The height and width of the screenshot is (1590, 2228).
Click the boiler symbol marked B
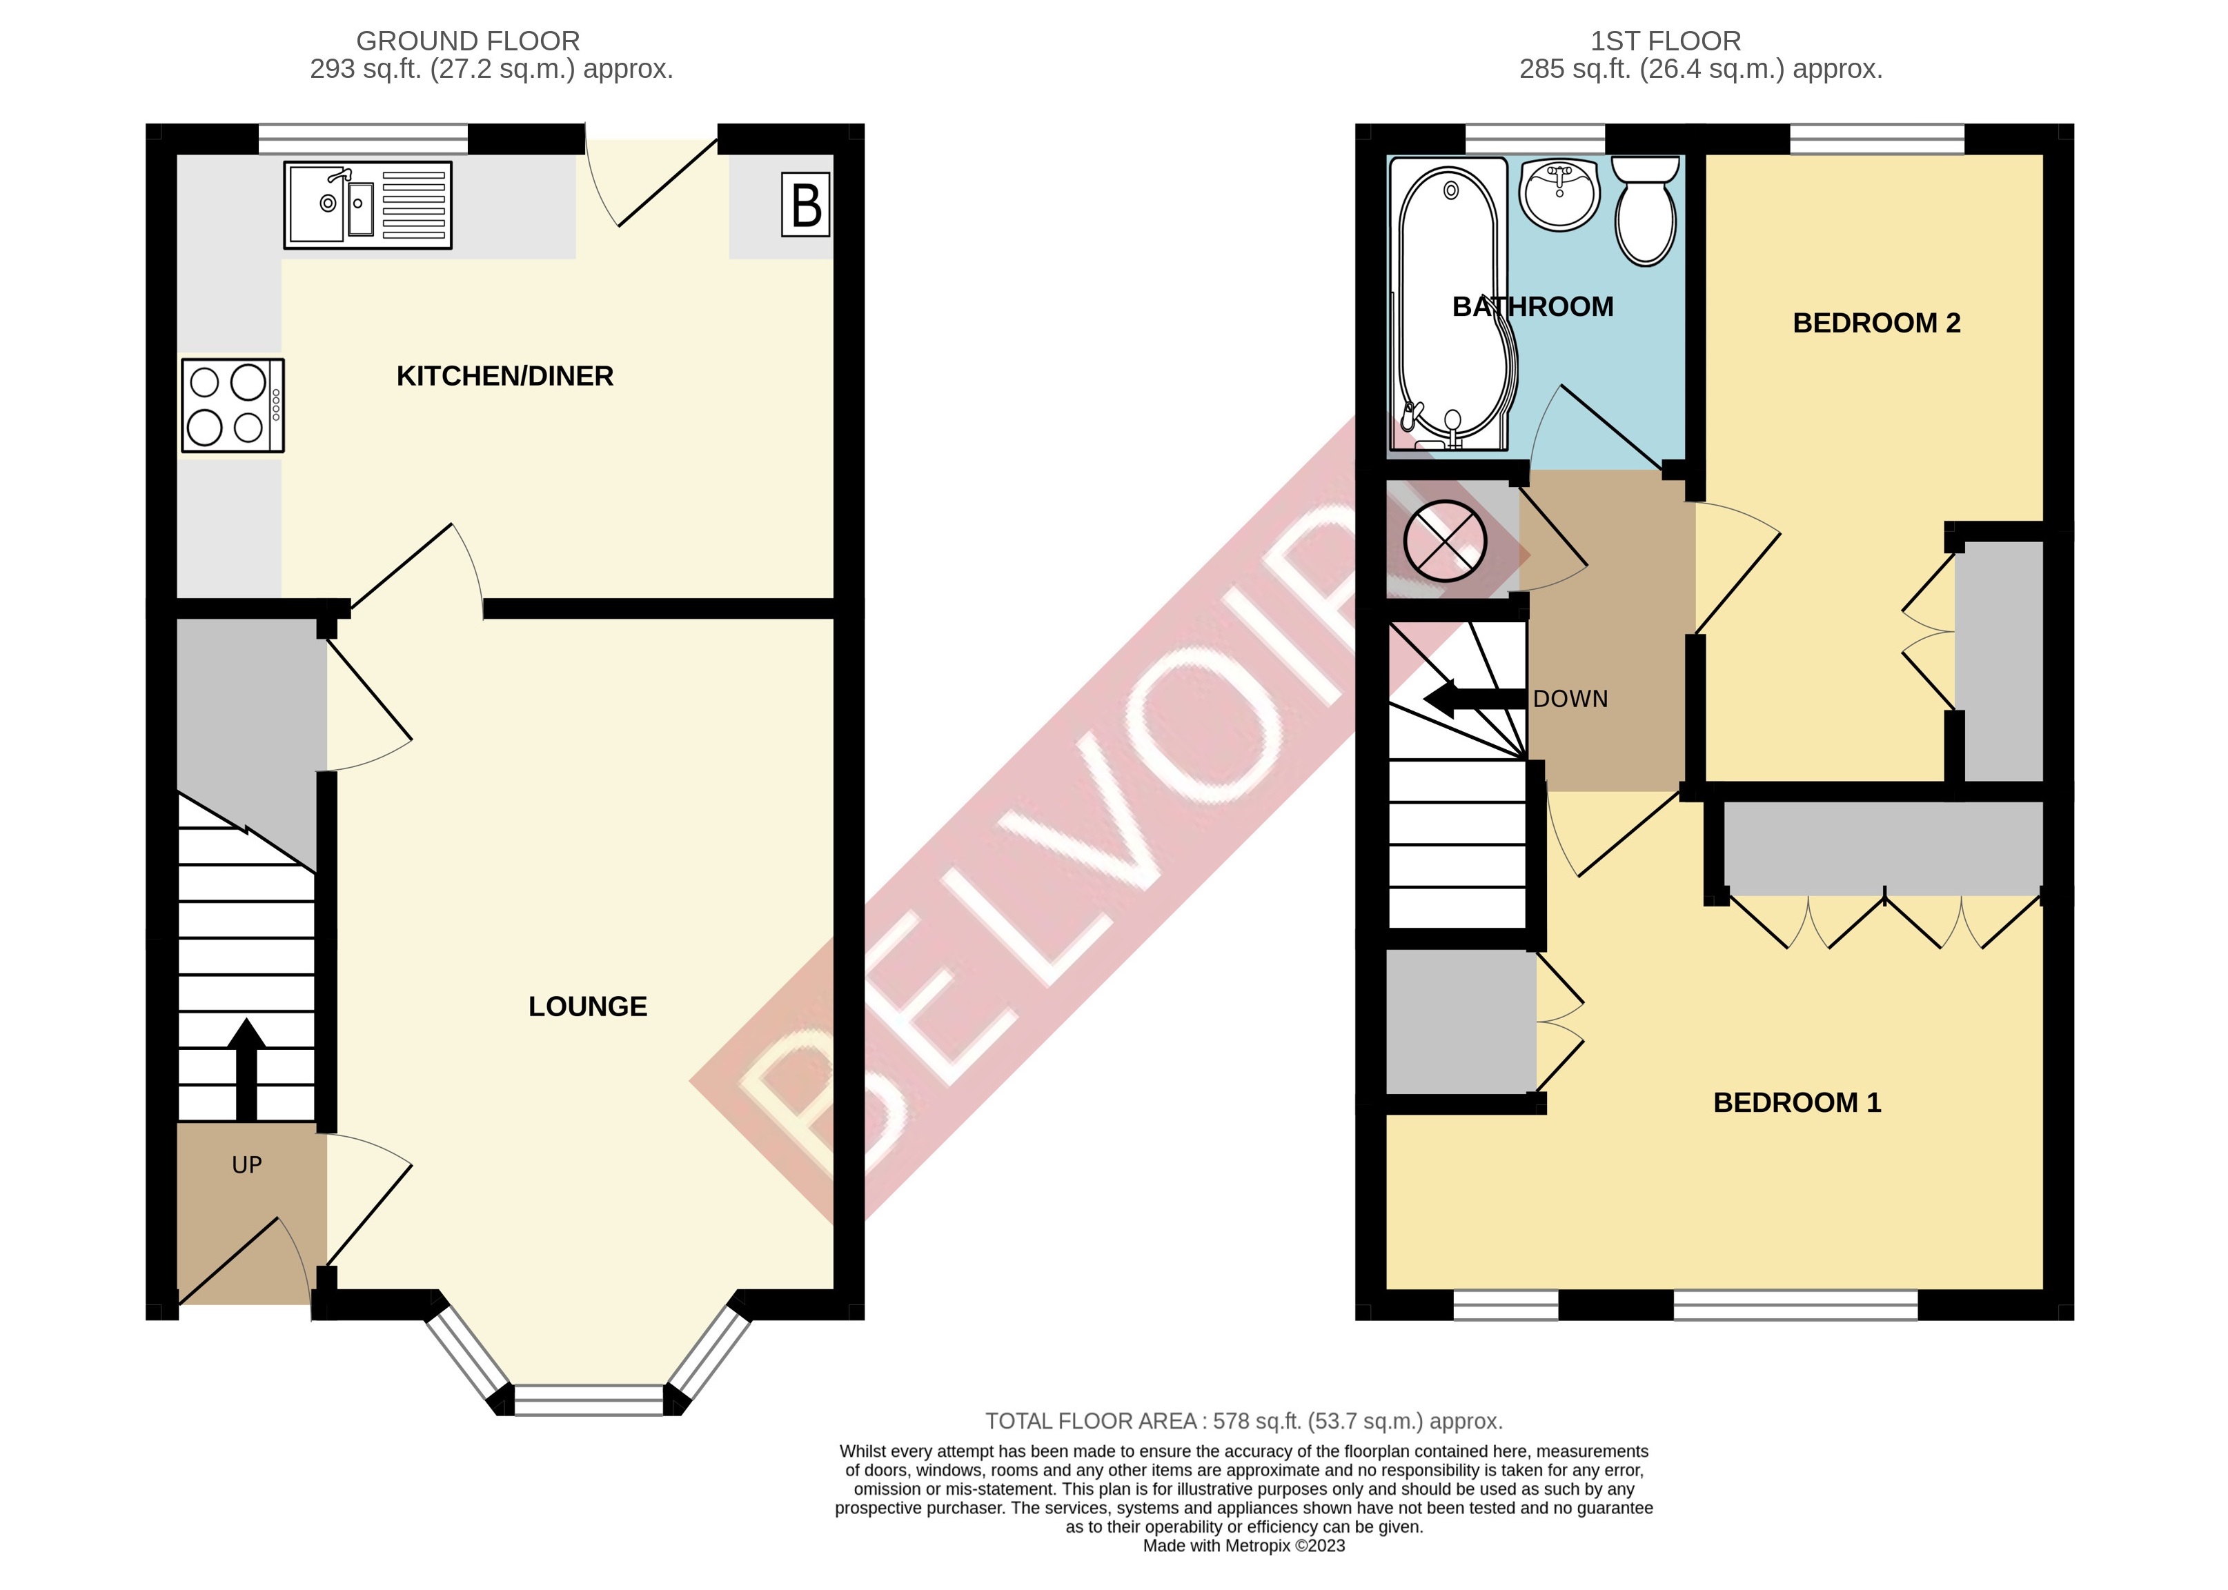click(x=805, y=205)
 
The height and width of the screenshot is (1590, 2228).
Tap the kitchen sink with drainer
click(x=367, y=205)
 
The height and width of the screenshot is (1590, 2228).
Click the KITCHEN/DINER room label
click(x=504, y=376)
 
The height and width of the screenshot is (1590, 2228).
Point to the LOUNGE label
click(x=588, y=1006)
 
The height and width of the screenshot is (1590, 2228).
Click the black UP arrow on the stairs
click(x=246, y=1068)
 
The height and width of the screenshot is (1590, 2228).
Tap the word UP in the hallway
click(x=247, y=1165)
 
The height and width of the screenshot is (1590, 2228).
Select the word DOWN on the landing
click(x=1570, y=699)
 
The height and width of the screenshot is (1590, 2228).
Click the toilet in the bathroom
click(x=1645, y=212)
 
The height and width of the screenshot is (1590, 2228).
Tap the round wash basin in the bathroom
click(x=1559, y=195)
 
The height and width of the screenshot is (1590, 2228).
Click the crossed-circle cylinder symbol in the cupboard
click(x=1445, y=540)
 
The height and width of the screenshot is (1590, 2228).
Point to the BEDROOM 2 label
click(x=1875, y=323)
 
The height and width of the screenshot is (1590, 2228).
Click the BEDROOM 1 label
click(x=1796, y=1102)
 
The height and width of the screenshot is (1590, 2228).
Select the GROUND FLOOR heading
click(x=467, y=41)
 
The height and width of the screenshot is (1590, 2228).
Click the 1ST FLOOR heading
click(x=1665, y=41)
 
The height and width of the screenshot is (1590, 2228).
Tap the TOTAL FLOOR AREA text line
click(x=1243, y=1420)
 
